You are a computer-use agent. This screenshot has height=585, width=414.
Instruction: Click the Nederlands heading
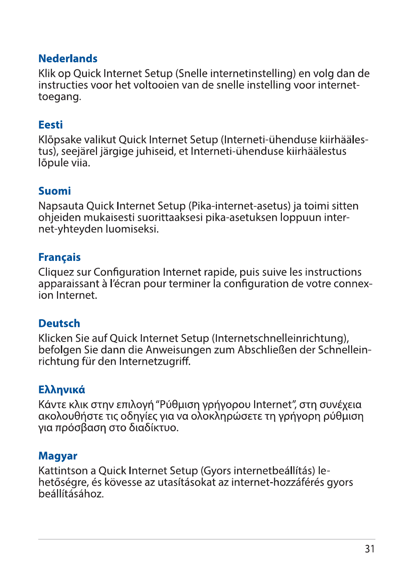(68, 58)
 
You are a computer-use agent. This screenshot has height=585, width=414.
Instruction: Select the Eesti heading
(50, 125)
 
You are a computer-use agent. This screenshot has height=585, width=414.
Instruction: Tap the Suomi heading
(55, 191)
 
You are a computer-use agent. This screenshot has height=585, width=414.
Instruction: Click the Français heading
(59, 257)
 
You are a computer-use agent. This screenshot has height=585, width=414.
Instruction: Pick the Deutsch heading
(59, 323)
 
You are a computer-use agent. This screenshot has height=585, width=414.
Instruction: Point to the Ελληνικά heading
(62, 390)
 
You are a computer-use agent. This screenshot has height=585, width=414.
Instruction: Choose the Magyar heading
(58, 456)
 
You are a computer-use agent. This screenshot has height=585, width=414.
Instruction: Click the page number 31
(370, 549)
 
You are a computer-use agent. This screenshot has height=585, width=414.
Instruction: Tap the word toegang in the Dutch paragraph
(59, 97)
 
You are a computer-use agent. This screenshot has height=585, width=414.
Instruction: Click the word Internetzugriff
(155, 361)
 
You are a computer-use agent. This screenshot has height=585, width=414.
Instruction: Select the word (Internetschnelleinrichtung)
(281, 338)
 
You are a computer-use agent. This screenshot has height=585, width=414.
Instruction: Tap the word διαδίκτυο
(153, 427)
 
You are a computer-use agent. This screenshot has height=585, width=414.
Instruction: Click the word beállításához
(71, 494)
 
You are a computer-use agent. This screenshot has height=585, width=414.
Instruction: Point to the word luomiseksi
(132, 229)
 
